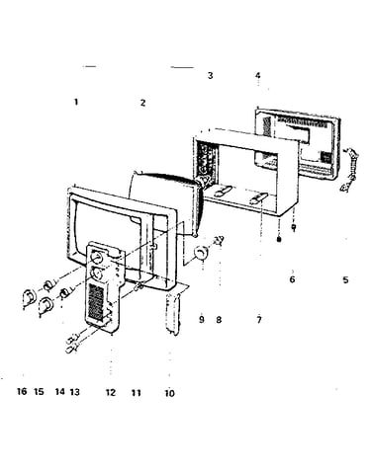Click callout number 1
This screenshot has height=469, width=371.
tap(76, 102)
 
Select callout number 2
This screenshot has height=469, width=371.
tap(142, 103)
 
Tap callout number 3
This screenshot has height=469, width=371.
tap(210, 75)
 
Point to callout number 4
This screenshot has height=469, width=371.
tap(257, 75)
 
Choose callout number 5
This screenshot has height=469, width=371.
tap(345, 280)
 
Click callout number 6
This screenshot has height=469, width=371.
tap(292, 279)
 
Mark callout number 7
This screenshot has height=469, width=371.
tap(259, 319)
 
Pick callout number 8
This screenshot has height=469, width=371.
tap(219, 319)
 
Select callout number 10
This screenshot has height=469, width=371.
tap(169, 393)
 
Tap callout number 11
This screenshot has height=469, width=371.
tap(137, 393)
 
